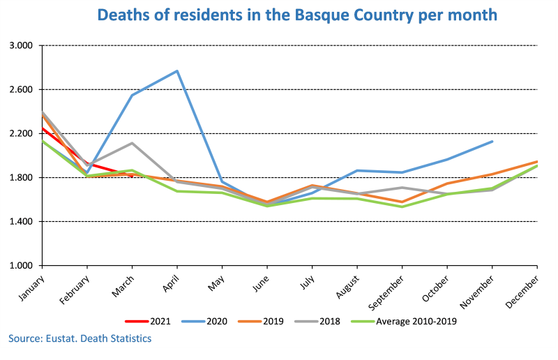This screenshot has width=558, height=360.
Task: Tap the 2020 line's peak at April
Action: click(x=177, y=71)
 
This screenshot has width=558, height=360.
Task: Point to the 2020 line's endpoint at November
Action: click(x=492, y=142)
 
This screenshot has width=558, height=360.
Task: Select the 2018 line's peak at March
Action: click(x=132, y=143)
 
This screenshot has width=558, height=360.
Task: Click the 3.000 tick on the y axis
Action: click(x=22, y=45)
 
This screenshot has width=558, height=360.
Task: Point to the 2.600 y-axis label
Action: click(x=22, y=89)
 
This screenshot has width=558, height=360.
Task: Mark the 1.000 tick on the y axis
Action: click(x=22, y=266)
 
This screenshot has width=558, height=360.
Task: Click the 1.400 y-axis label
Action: click(x=22, y=222)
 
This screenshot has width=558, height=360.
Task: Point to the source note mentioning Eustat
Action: click(x=80, y=338)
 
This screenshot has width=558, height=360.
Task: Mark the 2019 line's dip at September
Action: click(x=402, y=202)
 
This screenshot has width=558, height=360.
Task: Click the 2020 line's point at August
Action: click(x=357, y=170)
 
